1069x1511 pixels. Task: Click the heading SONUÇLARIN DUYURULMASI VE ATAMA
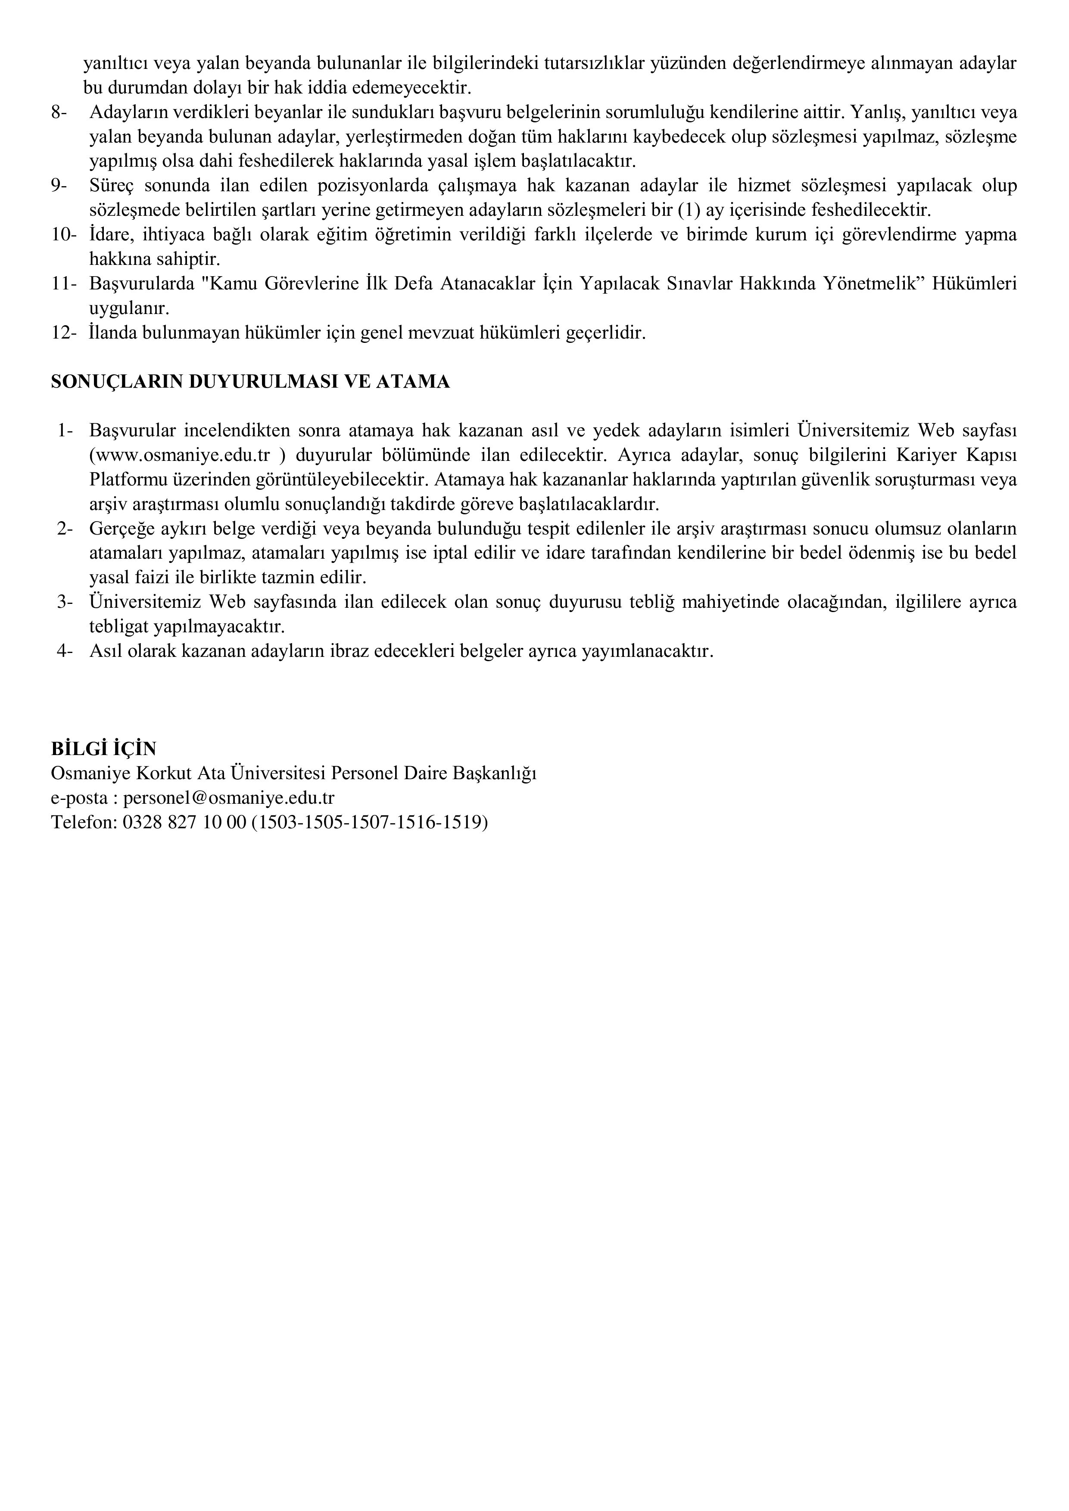[250, 382]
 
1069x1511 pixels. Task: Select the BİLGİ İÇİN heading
[103, 749]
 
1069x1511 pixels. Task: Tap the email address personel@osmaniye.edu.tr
[228, 798]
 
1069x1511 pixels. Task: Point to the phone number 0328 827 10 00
[184, 822]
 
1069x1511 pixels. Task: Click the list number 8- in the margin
[59, 112]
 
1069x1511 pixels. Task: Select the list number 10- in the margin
[64, 235]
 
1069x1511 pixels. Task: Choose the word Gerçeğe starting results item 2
[120, 529]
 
